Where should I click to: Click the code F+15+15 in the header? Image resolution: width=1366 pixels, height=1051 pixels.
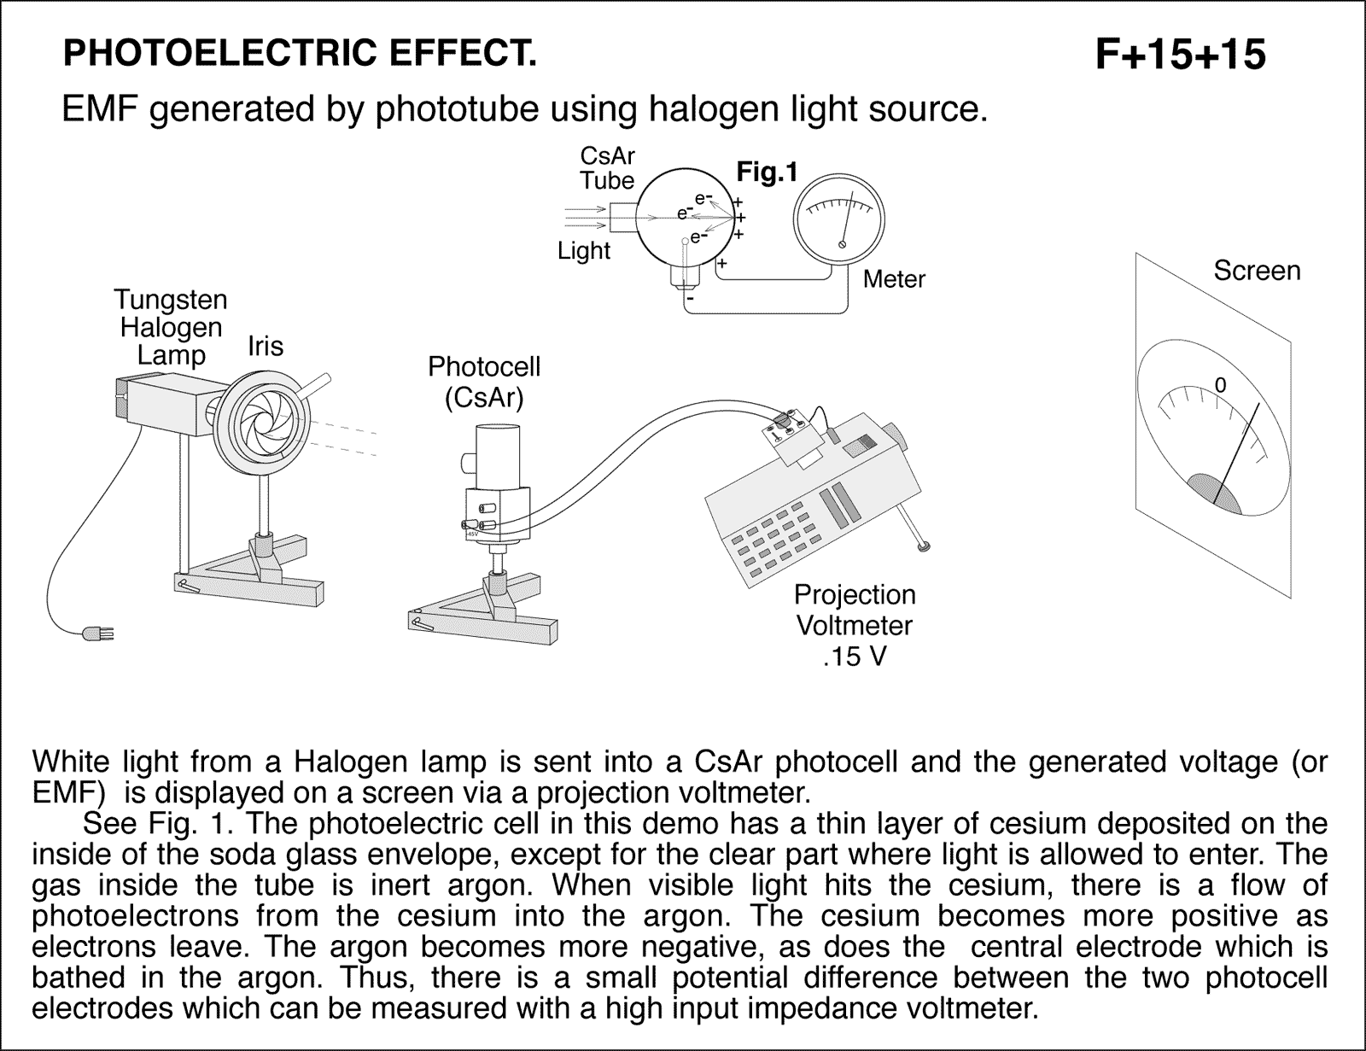[1180, 55]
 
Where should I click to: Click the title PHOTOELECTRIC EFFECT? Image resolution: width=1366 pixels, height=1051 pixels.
[300, 54]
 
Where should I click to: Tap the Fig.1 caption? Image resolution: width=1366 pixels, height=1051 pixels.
[767, 172]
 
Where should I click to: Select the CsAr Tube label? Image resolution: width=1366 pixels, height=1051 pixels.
[607, 168]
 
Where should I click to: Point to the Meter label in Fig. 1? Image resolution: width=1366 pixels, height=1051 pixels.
[894, 279]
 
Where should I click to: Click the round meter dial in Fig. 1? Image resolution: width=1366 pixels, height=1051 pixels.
[839, 223]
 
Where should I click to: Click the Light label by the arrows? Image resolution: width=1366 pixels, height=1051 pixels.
[584, 251]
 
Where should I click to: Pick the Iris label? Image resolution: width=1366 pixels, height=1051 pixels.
[266, 346]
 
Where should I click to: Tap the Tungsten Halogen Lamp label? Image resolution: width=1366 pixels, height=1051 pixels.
[171, 327]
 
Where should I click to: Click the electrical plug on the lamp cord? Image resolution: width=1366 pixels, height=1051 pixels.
[96, 634]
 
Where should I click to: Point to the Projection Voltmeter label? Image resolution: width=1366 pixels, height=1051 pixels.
[855, 610]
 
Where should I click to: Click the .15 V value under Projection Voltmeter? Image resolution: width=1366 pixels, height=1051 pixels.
[855, 657]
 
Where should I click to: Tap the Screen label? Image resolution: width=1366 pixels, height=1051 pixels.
[1257, 271]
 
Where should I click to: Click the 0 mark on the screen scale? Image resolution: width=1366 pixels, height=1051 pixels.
[1220, 386]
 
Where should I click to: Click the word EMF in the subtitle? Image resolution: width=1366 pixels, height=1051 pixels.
[96, 110]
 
